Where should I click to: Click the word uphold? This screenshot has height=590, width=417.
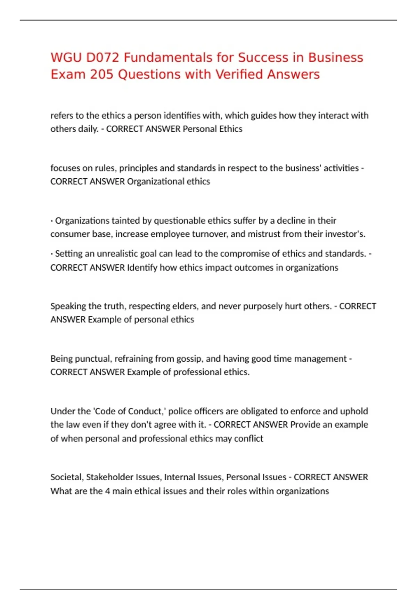click(354, 411)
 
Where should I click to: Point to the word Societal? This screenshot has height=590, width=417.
click(67, 477)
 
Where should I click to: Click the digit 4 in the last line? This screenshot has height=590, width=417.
click(107, 491)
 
